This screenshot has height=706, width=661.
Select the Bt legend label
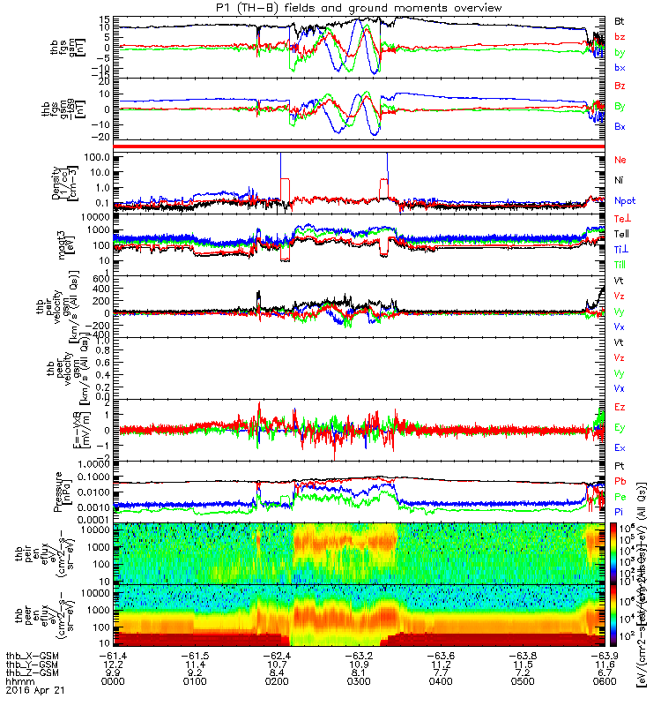point(620,20)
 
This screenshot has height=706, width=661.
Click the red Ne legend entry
point(620,160)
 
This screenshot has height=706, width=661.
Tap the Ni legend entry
point(619,180)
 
